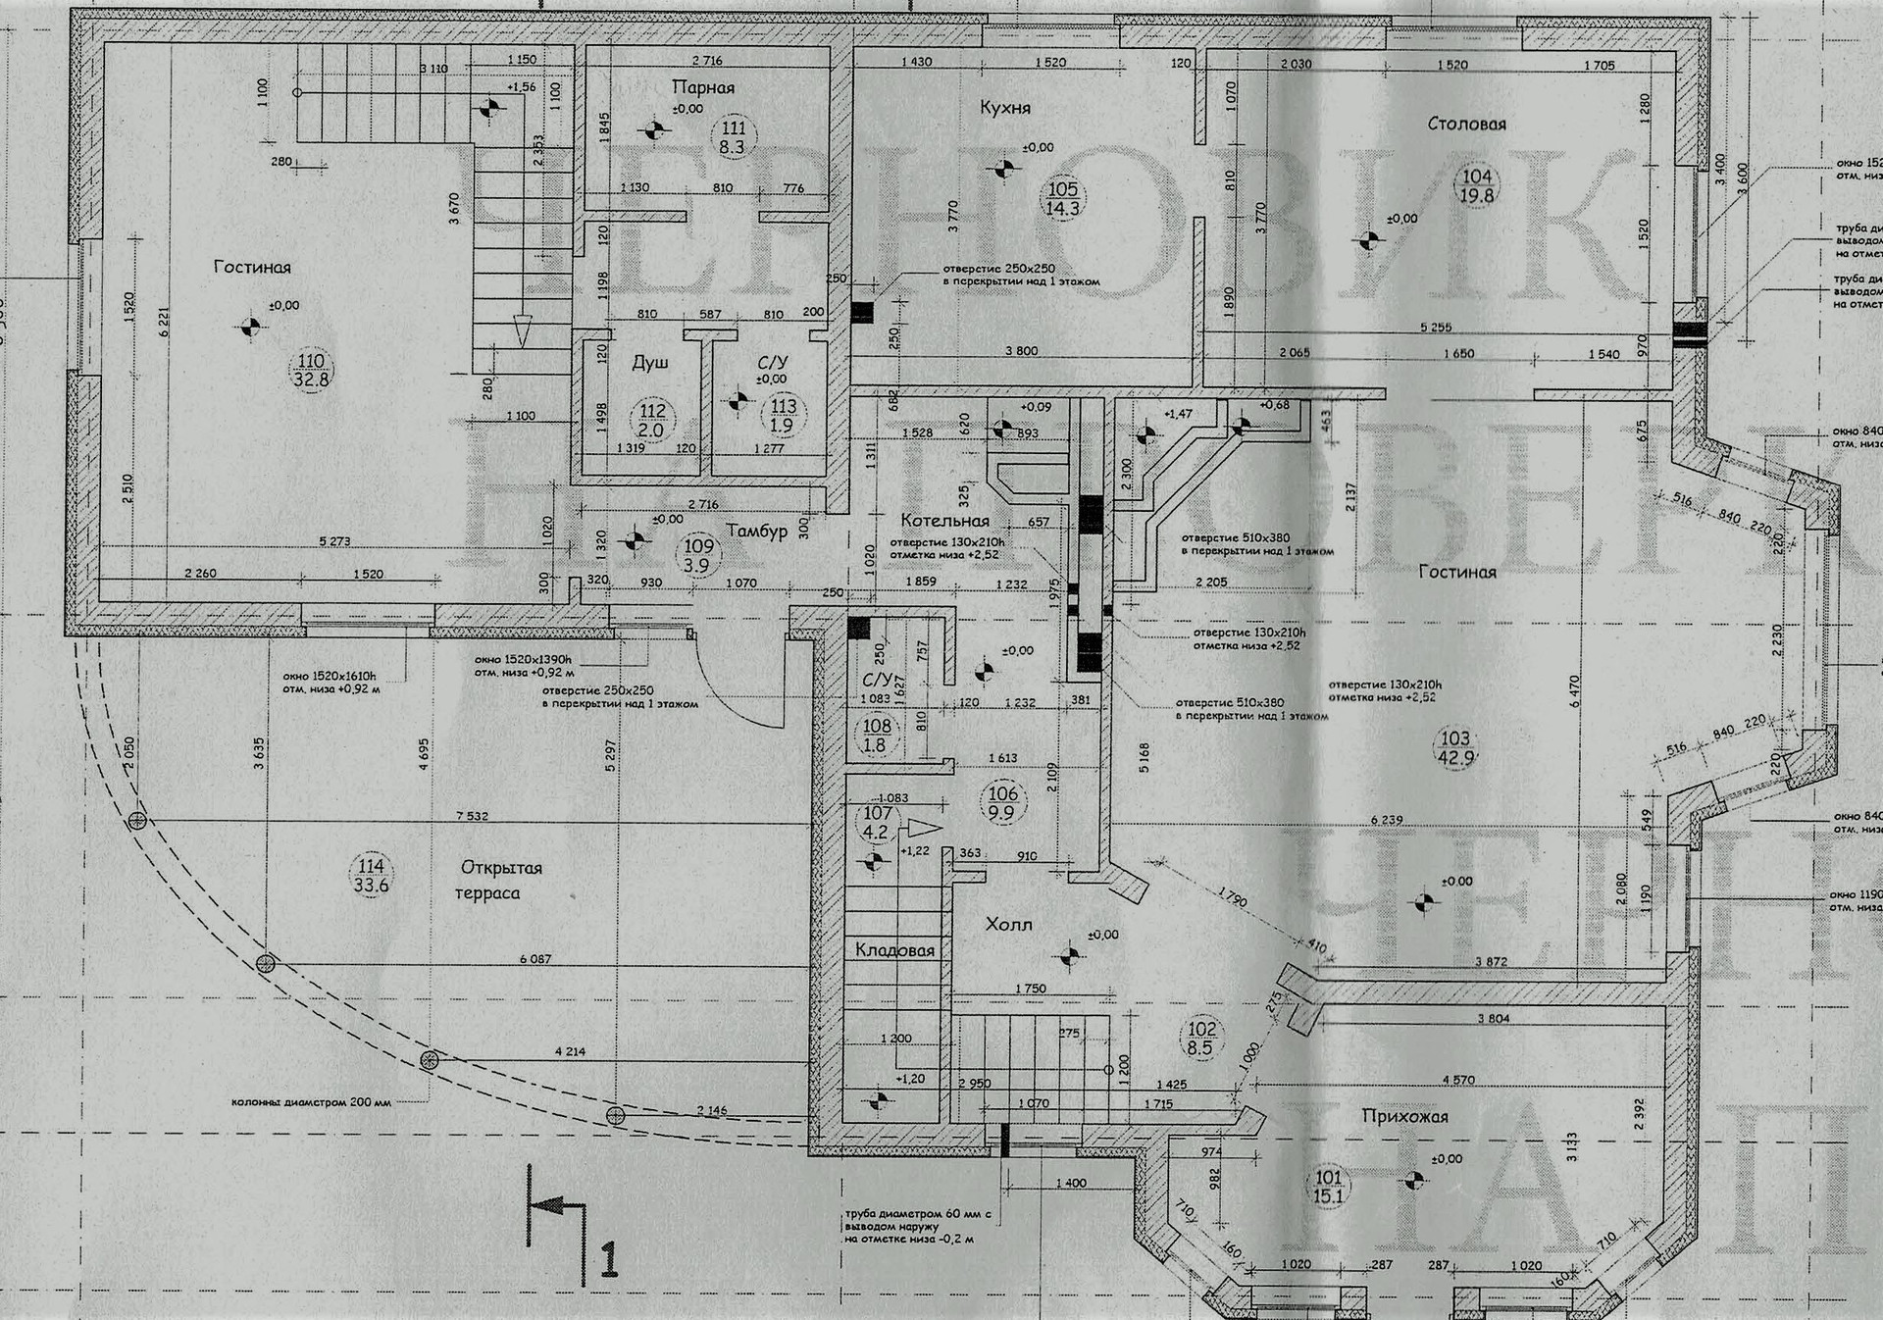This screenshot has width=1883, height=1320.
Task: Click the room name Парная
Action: coord(703,87)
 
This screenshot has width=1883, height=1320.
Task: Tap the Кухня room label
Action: coord(1004,107)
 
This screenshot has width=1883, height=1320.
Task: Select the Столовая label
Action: coord(1466,124)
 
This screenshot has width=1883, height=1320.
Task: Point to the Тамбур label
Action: coord(756,531)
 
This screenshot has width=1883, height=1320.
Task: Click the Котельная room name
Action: coord(944,521)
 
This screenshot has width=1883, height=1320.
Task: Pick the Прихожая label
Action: coord(1404,1116)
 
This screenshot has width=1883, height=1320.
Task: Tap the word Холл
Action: coord(1008,924)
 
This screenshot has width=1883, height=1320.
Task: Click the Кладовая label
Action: coord(894,950)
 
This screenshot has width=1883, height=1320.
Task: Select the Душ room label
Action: coord(649,363)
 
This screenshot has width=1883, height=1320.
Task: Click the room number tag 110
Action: coord(311,370)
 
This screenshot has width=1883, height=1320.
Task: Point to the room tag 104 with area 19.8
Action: coord(1477,186)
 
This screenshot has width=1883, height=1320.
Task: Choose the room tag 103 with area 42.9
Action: coord(1455,747)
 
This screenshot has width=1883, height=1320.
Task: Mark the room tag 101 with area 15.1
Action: coord(1328,1187)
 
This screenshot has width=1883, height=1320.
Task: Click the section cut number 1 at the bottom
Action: coord(609,1259)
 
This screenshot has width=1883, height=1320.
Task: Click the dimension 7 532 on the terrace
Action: coord(472,816)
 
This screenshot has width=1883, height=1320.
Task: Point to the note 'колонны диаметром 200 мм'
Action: coord(311,1102)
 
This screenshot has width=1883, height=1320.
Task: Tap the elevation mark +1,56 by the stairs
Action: coord(521,87)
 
